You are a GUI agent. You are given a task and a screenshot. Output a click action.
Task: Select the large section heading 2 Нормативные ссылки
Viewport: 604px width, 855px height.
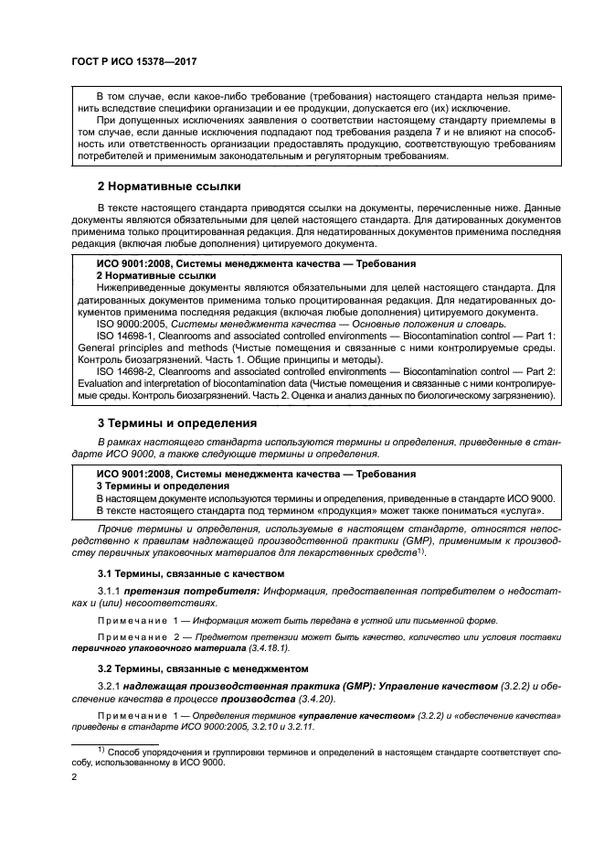[169, 187]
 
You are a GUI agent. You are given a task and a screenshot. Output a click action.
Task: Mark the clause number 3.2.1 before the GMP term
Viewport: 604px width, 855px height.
[111, 686]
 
